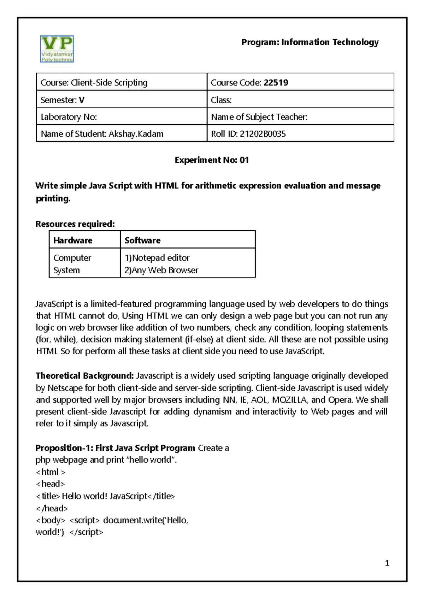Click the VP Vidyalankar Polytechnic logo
pyautogui.click(x=57, y=49)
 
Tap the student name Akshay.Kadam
pyautogui.click(x=136, y=134)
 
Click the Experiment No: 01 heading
pyautogui.click(x=212, y=160)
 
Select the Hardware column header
pyautogui.click(x=73, y=240)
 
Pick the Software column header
pyautogui.click(x=142, y=240)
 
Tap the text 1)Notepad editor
pyautogui.click(x=157, y=258)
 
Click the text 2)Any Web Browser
pyautogui.click(x=161, y=270)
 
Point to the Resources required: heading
pyautogui.click(x=75, y=224)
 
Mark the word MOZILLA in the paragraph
pyautogui.click(x=289, y=400)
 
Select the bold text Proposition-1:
pyautogui.click(x=64, y=448)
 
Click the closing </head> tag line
pyautogui.click(x=52, y=508)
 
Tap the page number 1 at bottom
pyautogui.click(x=387, y=563)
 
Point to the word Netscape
pyautogui.click(x=65, y=388)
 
